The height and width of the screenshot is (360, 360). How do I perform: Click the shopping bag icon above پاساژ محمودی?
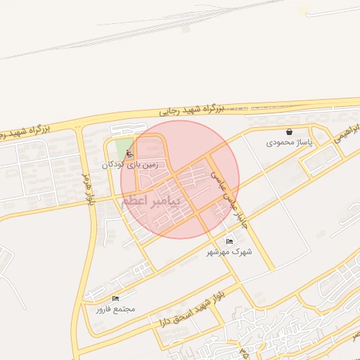289,131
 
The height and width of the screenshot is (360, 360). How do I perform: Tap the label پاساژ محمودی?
288,142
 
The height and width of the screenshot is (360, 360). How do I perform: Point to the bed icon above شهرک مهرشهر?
229,241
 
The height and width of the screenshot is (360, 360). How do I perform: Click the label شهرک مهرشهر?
229,251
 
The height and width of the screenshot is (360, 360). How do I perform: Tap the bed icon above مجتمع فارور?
115,299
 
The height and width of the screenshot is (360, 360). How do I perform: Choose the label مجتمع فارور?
115,309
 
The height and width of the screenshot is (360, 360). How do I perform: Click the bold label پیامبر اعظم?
150,201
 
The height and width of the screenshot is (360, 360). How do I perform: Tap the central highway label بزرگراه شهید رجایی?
191,110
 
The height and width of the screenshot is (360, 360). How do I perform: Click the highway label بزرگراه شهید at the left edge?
25,131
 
